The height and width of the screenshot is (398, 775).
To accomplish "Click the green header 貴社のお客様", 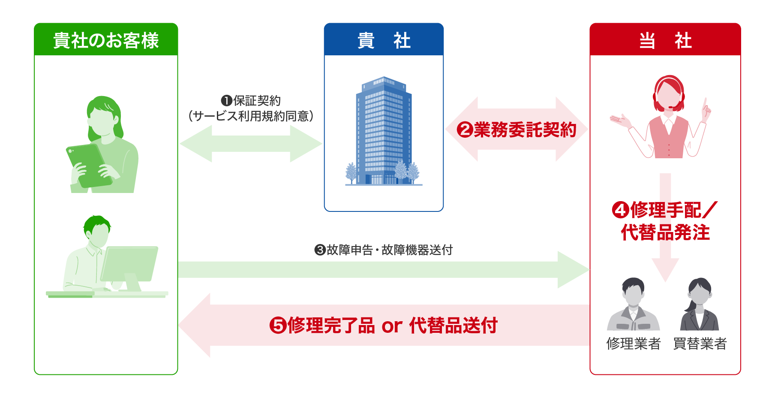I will pyautogui.click(x=106, y=40).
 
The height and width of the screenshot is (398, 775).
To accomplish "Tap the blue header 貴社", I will pyautogui.click(x=384, y=40).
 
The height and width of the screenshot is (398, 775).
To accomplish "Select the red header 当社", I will pyautogui.click(x=665, y=40).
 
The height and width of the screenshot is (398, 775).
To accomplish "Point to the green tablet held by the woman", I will pyautogui.click(x=88, y=165).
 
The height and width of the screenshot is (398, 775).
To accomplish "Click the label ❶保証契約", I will pyautogui.click(x=251, y=101).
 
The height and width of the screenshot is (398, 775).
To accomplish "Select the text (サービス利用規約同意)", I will pyautogui.click(x=251, y=116).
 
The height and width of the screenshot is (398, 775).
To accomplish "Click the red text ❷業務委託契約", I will pyautogui.click(x=517, y=130).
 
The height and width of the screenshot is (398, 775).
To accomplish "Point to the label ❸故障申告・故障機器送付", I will pyautogui.click(x=384, y=250).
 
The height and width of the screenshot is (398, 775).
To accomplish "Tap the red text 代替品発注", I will pyautogui.click(x=665, y=232).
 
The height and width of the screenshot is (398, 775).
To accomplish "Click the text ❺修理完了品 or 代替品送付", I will pyautogui.click(x=384, y=326).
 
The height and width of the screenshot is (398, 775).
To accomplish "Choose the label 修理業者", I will pyautogui.click(x=633, y=344).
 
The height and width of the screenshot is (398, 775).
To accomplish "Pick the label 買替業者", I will pyautogui.click(x=700, y=344).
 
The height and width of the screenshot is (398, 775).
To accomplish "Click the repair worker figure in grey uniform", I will pyautogui.click(x=633, y=307).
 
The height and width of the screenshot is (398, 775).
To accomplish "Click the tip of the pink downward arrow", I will pyautogui.click(x=665, y=280).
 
